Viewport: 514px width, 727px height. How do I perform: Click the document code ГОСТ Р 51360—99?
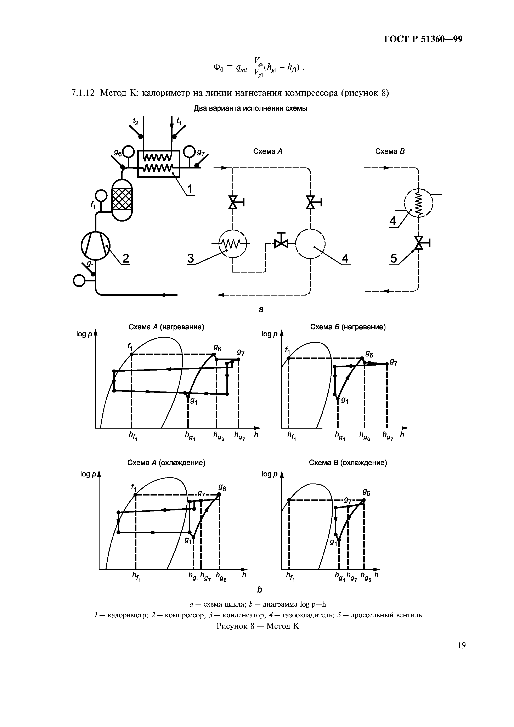423,39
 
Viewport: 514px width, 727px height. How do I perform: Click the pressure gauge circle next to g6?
129,151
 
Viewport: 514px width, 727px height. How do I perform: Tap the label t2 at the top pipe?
136,121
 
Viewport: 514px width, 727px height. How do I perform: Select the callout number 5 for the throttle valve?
394,259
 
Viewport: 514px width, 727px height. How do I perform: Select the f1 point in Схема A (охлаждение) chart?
136,495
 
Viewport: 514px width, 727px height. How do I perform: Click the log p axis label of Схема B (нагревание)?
269,334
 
